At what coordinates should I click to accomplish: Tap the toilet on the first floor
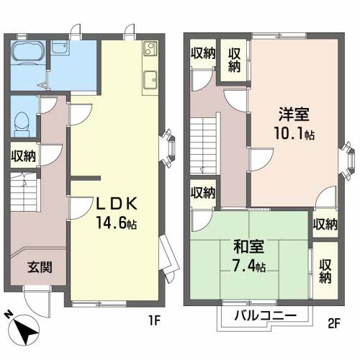(22, 120)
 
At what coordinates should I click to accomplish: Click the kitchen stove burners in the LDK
(149, 50)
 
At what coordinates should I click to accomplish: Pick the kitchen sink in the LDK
(150, 78)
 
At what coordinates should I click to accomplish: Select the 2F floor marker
(334, 323)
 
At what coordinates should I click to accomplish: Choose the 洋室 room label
(293, 114)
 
